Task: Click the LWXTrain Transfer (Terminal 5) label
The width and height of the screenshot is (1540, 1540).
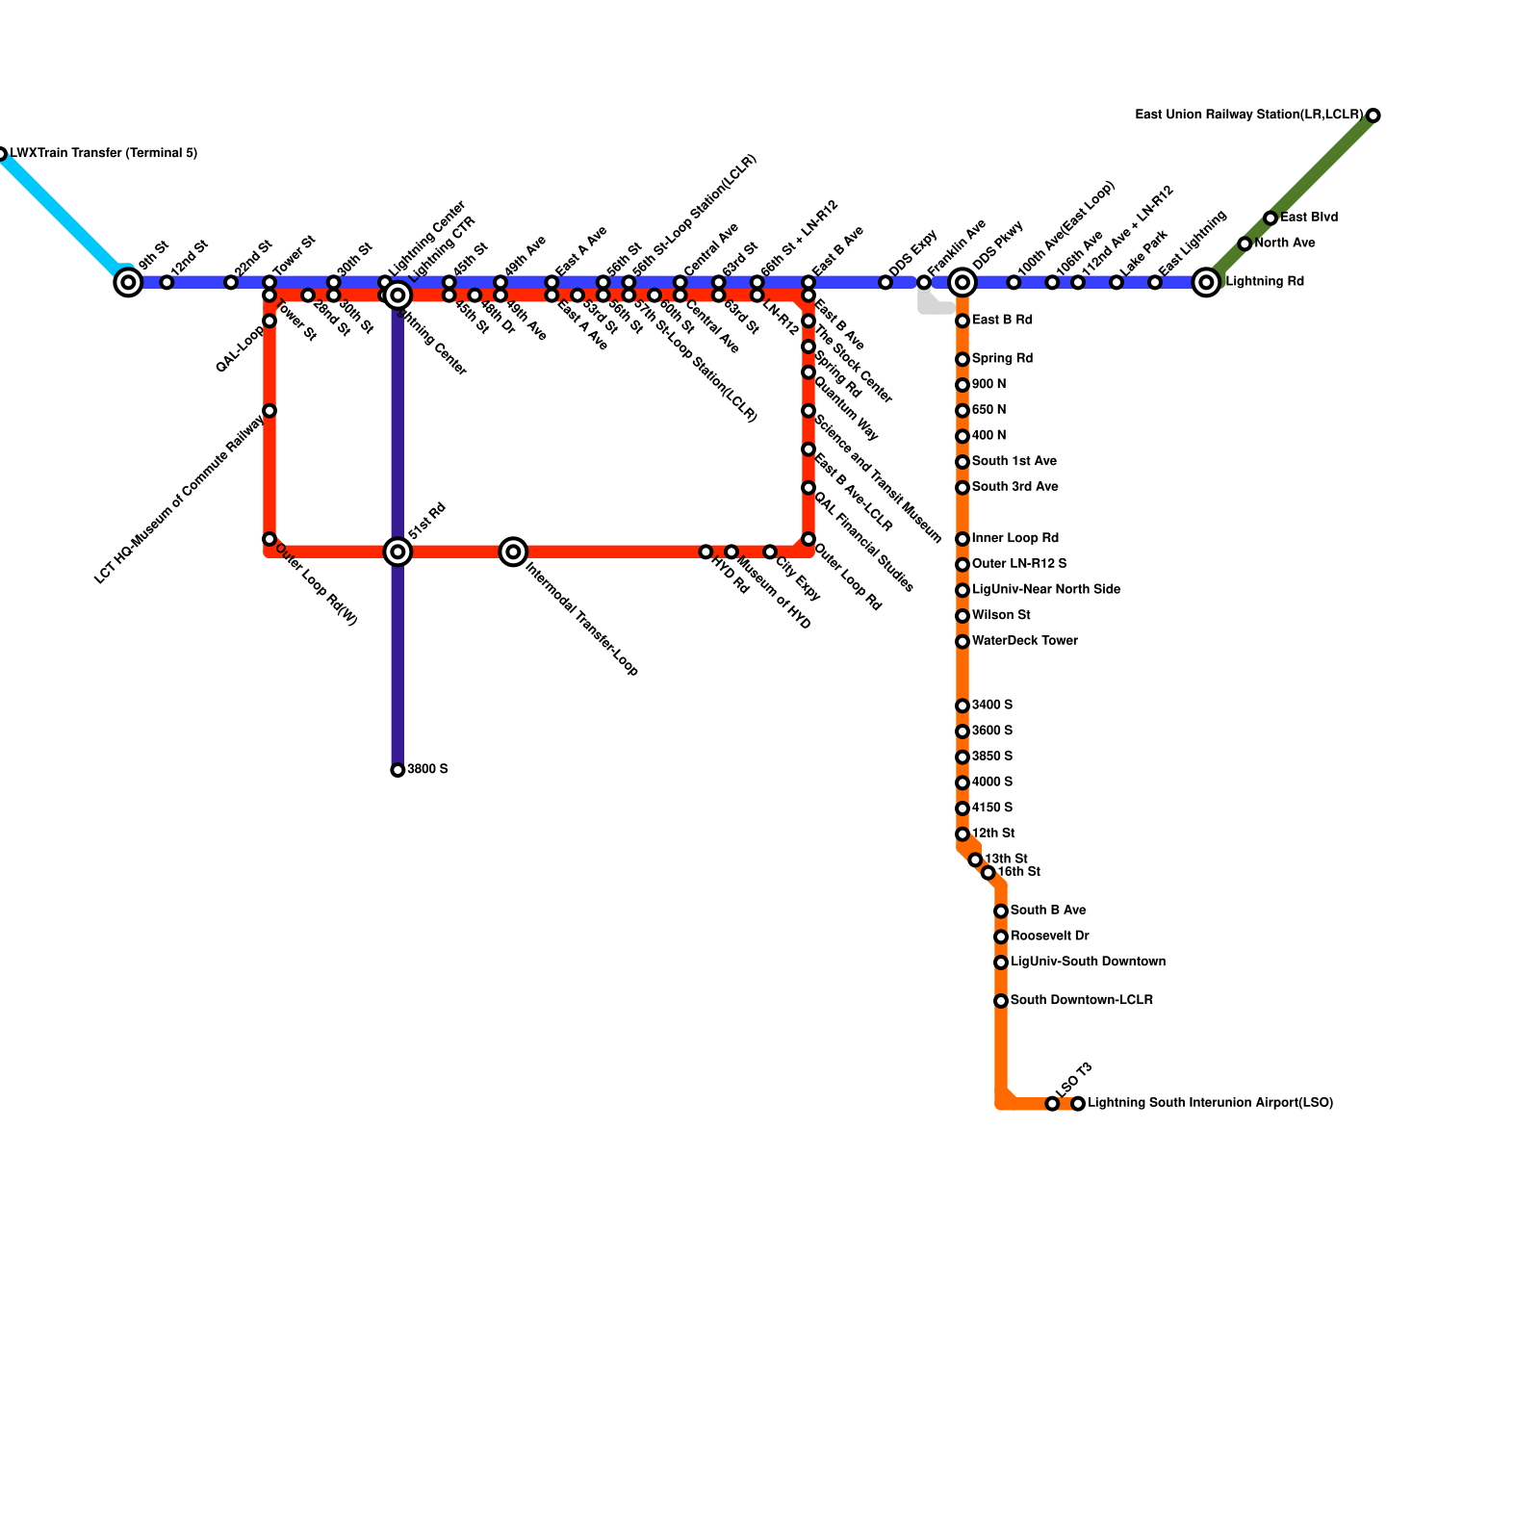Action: point(104,154)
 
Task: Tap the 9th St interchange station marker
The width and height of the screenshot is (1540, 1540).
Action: point(128,282)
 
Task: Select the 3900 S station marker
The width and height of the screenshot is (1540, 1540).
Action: point(398,770)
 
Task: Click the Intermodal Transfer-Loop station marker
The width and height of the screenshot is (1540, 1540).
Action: point(514,552)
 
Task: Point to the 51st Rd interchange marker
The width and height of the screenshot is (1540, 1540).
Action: point(398,552)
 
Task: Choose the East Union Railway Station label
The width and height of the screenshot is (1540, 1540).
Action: point(1249,115)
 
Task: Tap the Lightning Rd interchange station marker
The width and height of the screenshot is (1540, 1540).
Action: point(1206,282)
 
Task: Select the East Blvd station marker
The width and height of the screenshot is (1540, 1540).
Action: point(1270,218)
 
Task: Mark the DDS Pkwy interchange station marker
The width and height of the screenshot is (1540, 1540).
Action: point(962,282)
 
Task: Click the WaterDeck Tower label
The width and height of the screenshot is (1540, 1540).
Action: point(1024,641)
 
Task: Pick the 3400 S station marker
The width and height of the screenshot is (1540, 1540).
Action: point(962,706)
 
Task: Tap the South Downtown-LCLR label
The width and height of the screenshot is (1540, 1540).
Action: point(1081,1001)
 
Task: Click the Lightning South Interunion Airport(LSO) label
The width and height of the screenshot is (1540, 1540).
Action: point(1210,1103)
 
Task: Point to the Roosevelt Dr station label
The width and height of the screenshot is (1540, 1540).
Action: point(1049,937)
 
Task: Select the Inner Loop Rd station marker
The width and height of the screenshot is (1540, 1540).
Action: point(962,539)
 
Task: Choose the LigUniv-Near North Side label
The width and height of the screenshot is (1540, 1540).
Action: point(1045,590)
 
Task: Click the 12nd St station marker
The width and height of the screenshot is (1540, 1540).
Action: point(167,282)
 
